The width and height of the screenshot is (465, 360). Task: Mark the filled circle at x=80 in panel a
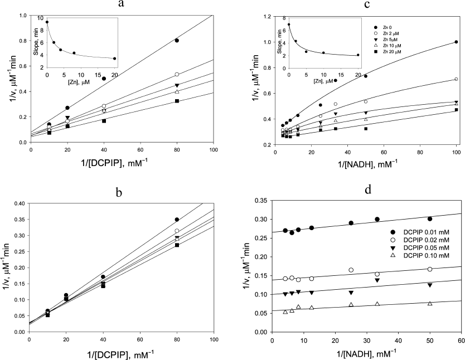[x=177, y=40]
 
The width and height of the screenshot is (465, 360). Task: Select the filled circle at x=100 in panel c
[x=456, y=42]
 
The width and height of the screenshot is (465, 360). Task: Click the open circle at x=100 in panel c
[x=456, y=79]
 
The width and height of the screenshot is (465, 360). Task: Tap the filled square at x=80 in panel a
[x=177, y=101]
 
